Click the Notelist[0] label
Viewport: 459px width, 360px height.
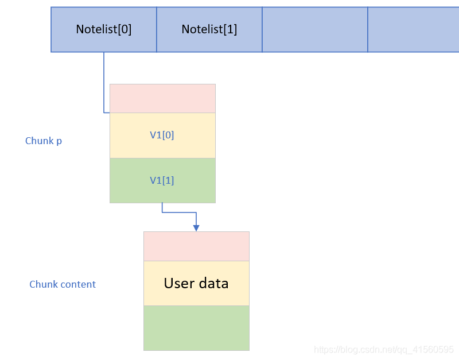pos(104,29)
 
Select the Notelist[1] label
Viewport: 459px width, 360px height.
pos(209,29)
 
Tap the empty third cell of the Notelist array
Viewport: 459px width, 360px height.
pos(315,30)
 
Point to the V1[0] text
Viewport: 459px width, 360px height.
pos(162,135)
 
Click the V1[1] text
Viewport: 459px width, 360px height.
pos(162,180)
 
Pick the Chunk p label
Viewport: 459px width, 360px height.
pos(44,141)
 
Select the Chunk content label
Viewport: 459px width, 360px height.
pos(63,284)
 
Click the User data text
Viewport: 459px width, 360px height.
pos(196,283)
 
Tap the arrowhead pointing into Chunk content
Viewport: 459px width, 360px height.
pos(196,228)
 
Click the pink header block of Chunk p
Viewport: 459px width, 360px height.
pos(163,98)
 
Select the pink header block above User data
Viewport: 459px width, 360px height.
pos(196,246)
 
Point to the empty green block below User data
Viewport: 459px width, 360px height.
pos(196,328)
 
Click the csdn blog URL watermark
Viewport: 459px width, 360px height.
pos(383,350)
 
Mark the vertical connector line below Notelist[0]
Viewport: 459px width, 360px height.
pos(104,82)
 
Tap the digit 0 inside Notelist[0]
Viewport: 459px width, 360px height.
pos(125,29)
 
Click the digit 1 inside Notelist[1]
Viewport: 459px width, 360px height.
pos(230,29)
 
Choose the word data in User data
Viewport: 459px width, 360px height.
pos(213,283)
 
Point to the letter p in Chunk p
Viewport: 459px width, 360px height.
pos(59,141)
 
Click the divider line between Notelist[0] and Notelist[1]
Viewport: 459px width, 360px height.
pos(157,30)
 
